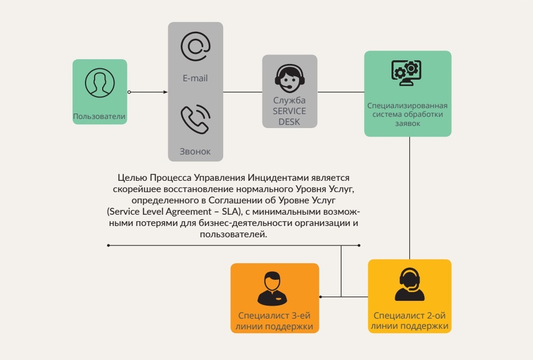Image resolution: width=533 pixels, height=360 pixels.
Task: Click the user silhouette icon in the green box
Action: point(100,83)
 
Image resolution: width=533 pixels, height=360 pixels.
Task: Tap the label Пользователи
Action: point(100,116)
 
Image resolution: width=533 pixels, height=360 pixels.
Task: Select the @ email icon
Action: point(195,47)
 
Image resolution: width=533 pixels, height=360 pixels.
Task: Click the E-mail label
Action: point(195,78)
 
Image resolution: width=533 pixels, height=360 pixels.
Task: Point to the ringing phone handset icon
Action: point(195,119)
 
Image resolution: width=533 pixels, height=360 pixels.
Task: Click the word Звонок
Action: point(195,152)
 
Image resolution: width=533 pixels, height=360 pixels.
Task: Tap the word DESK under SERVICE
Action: point(289,121)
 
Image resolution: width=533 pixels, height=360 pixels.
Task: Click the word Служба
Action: point(289,101)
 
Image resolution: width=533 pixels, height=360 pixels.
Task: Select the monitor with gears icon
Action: point(407,73)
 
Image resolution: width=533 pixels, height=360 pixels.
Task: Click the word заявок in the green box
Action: point(408,124)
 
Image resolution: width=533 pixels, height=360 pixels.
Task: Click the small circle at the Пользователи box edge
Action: point(129,92)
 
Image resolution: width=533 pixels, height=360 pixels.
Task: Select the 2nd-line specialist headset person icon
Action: point(410,285)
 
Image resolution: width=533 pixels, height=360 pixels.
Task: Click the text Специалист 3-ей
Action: point(274,316)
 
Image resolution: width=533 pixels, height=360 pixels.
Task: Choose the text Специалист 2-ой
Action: point(410,316)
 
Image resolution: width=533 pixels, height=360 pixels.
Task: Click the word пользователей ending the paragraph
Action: point(233,234)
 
